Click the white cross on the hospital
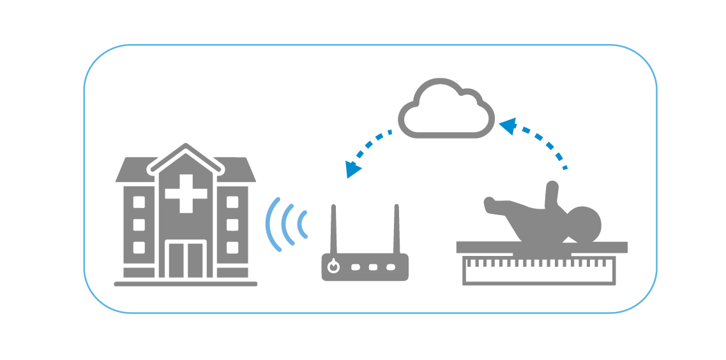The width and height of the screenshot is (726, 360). (x=186, y=192)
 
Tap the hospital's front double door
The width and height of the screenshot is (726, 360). (x=186, y=259)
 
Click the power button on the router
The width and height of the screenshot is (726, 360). (x=333, y=267)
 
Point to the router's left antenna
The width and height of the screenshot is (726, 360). (x=333, y=229)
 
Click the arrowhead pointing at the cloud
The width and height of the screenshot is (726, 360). (x=507, y=124)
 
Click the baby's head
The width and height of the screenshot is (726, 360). (x=584, y=223)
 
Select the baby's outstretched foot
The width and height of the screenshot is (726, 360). (x=490, y=204)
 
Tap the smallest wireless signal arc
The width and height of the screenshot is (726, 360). (x=302, y=224)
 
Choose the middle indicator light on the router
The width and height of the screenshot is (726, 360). (x=372, y=267)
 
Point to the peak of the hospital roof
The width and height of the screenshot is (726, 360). (x=186, y=147)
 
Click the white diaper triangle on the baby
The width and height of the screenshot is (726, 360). (x=569, y=241)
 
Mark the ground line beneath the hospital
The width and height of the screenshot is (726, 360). (x=186, y=283)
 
